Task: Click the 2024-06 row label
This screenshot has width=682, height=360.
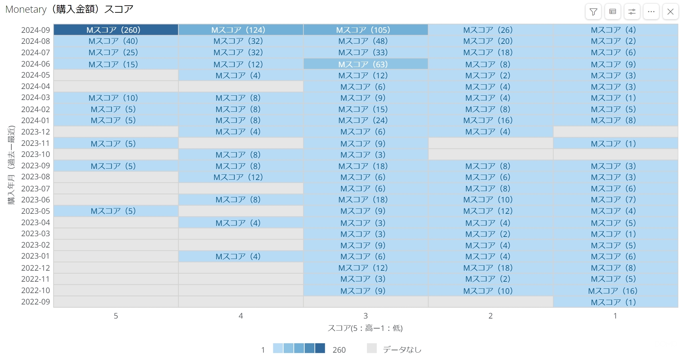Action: [35, 64]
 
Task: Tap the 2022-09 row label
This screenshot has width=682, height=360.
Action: [35, 302]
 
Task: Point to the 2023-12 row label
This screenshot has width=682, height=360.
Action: [35, 132]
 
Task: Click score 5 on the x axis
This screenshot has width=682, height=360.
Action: [116, 316]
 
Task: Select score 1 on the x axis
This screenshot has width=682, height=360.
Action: [615, 316]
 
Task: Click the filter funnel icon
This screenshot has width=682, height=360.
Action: [593, 12]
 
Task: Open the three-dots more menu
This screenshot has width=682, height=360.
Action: [651, 12]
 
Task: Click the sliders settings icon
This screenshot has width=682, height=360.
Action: [632, 12]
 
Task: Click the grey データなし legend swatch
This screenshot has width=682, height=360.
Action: [372, 348]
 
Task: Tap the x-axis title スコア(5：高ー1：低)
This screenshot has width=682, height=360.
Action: [365, 328]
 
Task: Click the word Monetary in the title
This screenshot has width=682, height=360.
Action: [26, 9]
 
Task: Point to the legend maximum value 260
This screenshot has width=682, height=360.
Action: [339, 350]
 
